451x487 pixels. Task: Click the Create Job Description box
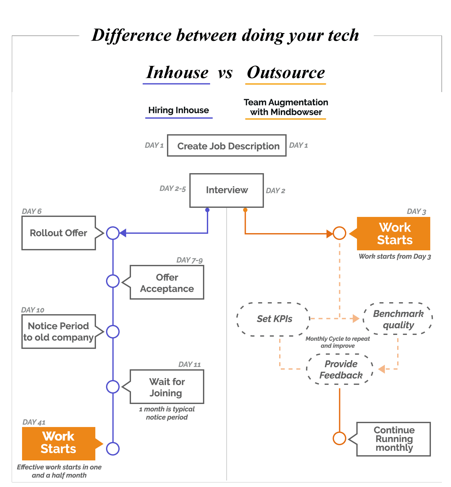[227, 146]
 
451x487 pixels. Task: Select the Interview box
[227, 190]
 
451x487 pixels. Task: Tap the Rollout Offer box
[59, 233]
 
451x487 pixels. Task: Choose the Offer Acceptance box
[167, 283]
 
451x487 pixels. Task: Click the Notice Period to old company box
[59, 332]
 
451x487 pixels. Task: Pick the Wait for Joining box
[167, 387]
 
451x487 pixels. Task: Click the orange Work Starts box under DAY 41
[59, 443]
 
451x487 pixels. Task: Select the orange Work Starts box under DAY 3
[394, 234]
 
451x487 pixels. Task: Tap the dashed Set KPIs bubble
[274, 319]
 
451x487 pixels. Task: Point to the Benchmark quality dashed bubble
[398, 319]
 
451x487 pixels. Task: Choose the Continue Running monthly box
[394, 439]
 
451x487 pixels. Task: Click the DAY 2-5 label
[172, 189]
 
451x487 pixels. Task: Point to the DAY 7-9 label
[189, 260]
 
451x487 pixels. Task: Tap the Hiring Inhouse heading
[179, 110]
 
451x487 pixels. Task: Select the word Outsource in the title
[286, 73]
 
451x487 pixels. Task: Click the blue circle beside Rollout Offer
[113, 233]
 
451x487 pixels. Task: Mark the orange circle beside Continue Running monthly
[339, 438]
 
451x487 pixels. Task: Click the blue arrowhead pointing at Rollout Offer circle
[123, 233]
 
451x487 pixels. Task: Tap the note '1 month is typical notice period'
[167, 413]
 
